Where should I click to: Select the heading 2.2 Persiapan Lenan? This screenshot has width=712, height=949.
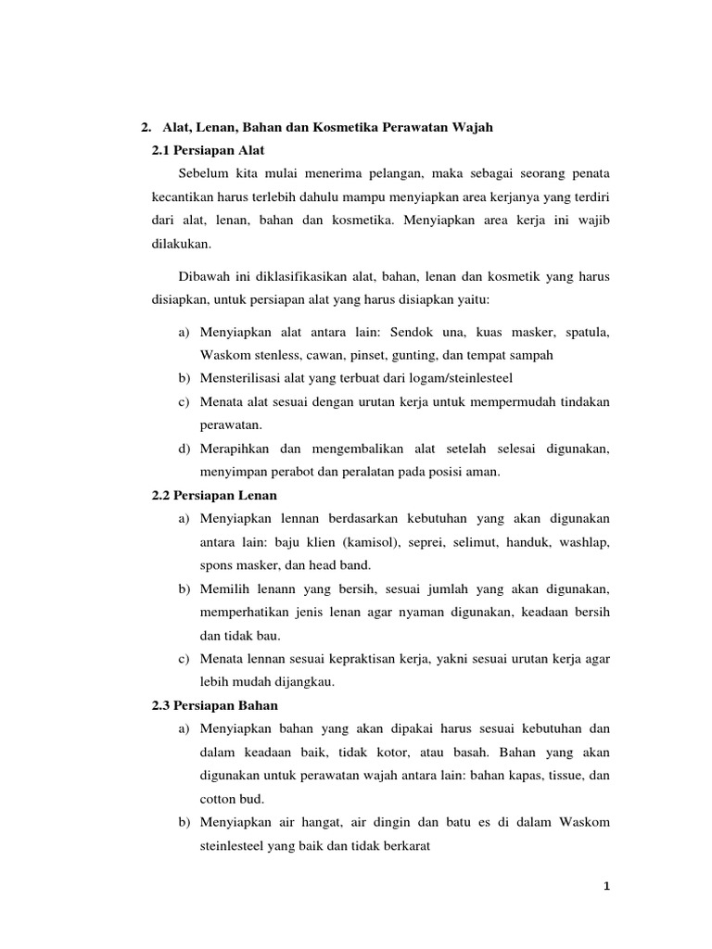point(214,496)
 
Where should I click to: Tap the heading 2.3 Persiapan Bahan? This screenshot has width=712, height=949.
point(214,705)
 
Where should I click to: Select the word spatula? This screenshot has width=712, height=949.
point(585,332)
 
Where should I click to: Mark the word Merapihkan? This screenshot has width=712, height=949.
point(235,449)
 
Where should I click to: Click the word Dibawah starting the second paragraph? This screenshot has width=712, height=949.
point(204,277)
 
